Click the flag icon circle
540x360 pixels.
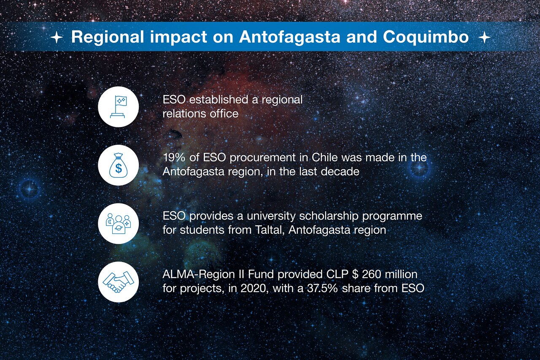tap(118, 107)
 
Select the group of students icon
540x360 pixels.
tap(118, 224)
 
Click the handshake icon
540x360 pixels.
tap(118, 282)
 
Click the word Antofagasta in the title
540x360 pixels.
tap(289, 37)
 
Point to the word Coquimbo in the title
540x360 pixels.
tap(426, 38)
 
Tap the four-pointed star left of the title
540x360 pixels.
tap(57, 38)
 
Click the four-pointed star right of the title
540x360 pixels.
tap(484, 38)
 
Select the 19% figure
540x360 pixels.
tap(174, 158)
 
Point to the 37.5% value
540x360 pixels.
tap(323, 288)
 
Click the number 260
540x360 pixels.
tap(371, 274)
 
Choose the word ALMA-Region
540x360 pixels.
tap(199, 274)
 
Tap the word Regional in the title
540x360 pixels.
tap(108, 38)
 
